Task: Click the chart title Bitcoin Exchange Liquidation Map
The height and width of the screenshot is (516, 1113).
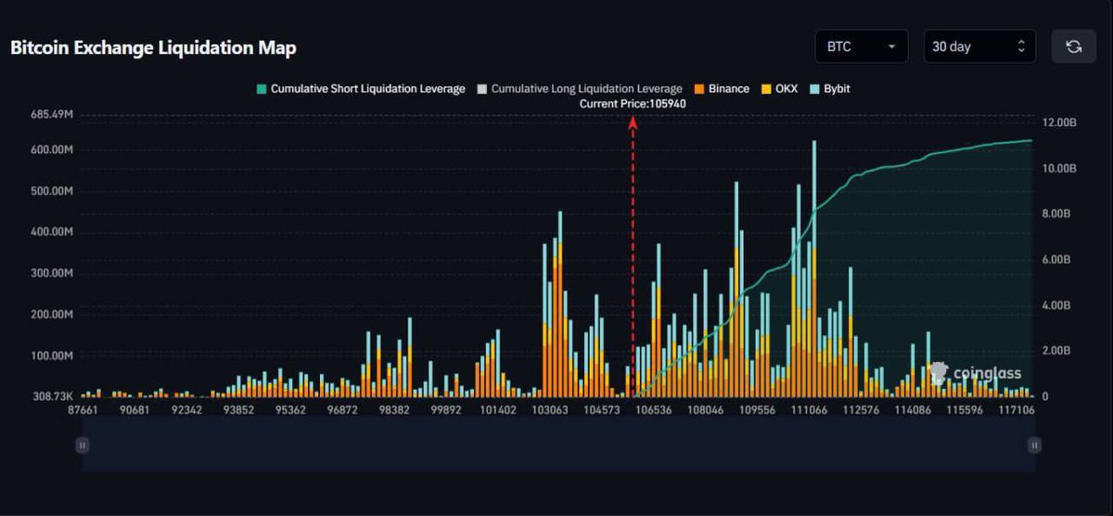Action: click(153, 48)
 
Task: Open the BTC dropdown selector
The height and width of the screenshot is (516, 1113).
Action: click(861, 46)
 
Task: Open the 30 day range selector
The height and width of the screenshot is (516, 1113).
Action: click(979, 46)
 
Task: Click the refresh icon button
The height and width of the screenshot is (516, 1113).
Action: click(1074, 46)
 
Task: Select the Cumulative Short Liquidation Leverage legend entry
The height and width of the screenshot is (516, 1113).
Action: click(361, 89)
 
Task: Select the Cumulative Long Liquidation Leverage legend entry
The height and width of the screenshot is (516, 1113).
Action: click(579, 89)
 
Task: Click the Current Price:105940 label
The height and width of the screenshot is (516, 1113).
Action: click(633, 104)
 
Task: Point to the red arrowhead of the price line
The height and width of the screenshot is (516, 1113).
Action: click(633, 120)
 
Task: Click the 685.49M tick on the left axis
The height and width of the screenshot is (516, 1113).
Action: click(52, 115)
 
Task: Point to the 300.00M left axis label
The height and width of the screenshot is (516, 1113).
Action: click(52, 274)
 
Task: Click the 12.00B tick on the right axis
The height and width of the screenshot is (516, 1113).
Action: click(1057, 123)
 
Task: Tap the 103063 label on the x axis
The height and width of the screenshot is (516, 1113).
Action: click(550, 410)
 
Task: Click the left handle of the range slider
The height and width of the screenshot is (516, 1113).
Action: click(83, 445)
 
